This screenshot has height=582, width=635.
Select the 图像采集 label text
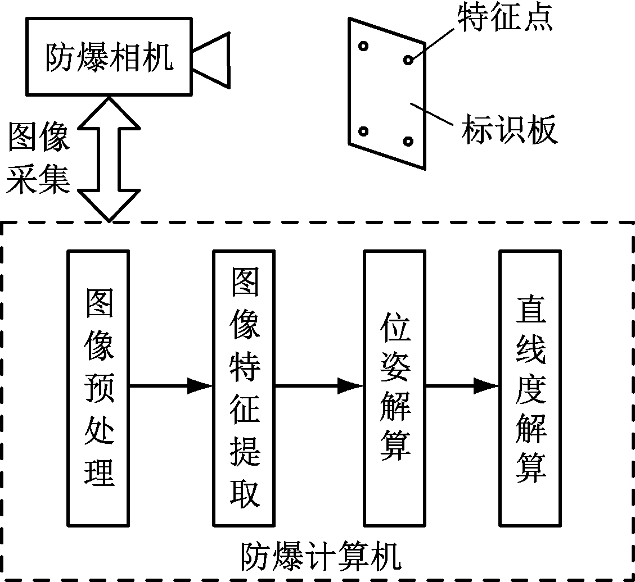(x=38, y=158)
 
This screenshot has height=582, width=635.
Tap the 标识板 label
(x=510, y=130)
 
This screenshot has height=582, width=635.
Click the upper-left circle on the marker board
(x=364, y=46)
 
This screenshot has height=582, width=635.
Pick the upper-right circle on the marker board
(x=408, y=59)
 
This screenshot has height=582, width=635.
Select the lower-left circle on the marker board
(x=363, y=131)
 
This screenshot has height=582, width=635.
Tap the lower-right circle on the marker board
(x=409, y=141)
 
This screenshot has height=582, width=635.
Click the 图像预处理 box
(x=98, y=388)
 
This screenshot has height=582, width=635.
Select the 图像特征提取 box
(x=245, y=388)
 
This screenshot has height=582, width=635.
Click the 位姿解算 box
(x=394, y=388)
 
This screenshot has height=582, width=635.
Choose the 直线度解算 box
(x=530, y=388)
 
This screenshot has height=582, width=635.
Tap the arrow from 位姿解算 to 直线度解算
(x=462, y=386)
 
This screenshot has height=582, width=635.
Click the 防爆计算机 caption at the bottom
(x=321, y=556)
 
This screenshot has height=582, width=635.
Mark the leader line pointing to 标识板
(x=433, y=112)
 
